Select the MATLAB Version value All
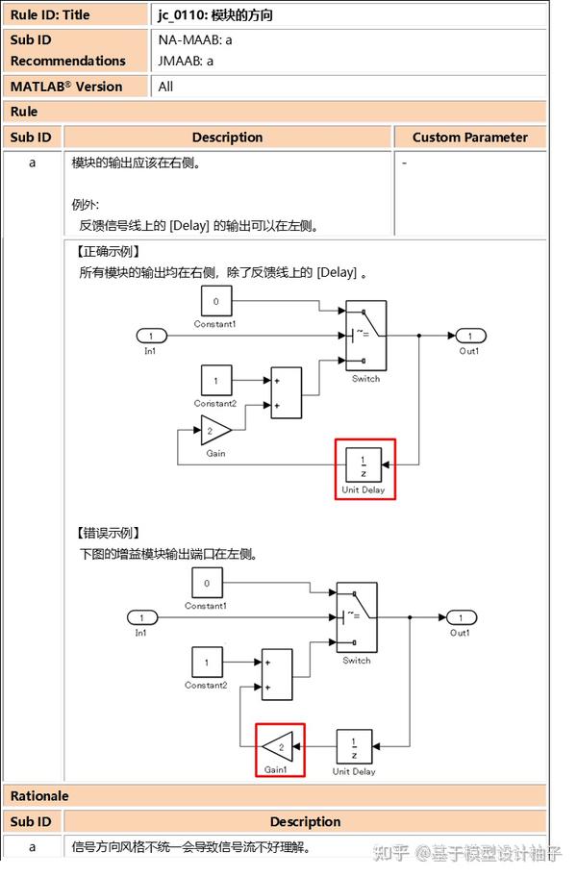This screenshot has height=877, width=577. (x=165, y=87)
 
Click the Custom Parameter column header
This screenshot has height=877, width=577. (x=469, y=138)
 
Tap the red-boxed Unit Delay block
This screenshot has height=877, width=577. (x=364, y=466)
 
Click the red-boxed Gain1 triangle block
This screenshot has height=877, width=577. (x=280, y=746)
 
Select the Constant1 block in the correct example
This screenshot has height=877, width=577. (x=215, y=303)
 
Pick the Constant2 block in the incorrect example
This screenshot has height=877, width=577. (x=207, y=662)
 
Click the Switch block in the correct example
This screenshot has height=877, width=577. (x=365, y=336)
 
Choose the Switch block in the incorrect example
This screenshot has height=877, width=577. (x=357, y=617)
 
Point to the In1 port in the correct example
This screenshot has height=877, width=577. (x=151, y=336)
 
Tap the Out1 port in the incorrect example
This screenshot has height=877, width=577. (x=461, y=617)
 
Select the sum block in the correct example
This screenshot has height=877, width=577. (x=286, y=392)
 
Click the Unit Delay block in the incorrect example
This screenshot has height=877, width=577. (x=354, y=746)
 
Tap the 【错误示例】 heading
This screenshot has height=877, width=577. (x=109, y=533)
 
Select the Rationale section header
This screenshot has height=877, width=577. (x=39, y=796)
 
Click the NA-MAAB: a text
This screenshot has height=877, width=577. (x=195, y=40)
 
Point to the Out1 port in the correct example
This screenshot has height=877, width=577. (x=469, y=336)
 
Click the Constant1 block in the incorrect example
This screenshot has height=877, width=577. (x=207, y=583)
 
